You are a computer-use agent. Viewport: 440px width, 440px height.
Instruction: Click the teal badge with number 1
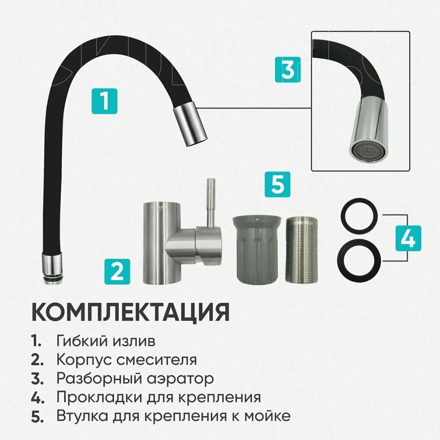[104, 101]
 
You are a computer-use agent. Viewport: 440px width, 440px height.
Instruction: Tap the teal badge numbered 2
[117, 271]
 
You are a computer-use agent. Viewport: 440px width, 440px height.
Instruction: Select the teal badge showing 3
[288, 70]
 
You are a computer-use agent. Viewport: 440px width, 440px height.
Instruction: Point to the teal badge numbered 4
[408, 238]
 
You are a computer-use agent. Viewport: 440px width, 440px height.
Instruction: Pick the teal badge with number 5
[278, 184]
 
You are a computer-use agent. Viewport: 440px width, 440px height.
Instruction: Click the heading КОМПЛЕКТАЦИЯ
[130, 312]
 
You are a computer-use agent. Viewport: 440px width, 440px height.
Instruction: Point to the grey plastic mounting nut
[255, 249]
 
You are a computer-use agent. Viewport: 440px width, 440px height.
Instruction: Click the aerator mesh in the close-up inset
[366, 152]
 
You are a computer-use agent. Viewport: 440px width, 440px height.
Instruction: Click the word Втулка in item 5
[82, 416]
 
